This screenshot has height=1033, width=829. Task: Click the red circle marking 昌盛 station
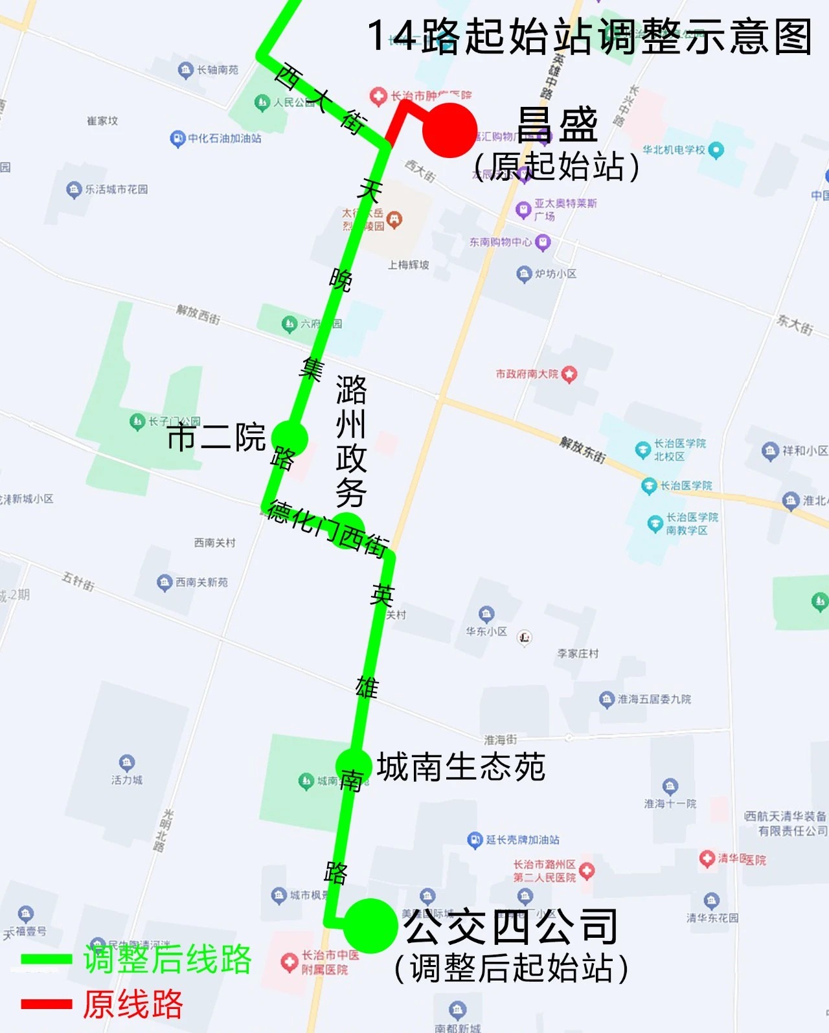pyautogui.click(x=449, y=130)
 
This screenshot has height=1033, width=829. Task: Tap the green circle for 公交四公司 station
pyautogui.click(x=370, y=925)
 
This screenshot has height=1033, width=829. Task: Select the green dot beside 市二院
pyautogui.click(x=290, y=438)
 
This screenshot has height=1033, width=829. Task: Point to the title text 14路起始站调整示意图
pyautogui.click(x=589, y=36)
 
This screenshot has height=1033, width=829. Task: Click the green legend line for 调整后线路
pyautogui.click(x=46, y=959)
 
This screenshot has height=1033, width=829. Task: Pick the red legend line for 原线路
pyautogui.click(x=46, y=1004)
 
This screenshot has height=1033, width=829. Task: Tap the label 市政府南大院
pyautogui.click(x=527, y=374)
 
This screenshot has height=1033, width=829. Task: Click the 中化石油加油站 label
pyautogui.click(x=224, y=138)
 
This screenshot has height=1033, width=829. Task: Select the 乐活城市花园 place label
pyautogui.click(x=117, y=189)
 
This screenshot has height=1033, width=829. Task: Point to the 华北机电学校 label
pyautogui.click(x=674, y=150)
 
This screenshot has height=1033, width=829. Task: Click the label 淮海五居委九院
pyautogui.click(x=654, y=699)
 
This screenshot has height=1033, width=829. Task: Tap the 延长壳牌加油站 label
pyautogui.click(x=522, y=840)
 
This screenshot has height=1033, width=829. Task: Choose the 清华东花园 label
pyautogui.click(x=712, y=918)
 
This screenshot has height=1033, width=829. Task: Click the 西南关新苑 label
pyautogui.click(x=201, y=582)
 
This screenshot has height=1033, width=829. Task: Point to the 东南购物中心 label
pyautogui.click(x=501, y=242)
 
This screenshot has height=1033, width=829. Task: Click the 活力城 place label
pyautogui.click(x=127, y=780)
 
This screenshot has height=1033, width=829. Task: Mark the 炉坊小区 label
pyautogui.click(x=556, y=274)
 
